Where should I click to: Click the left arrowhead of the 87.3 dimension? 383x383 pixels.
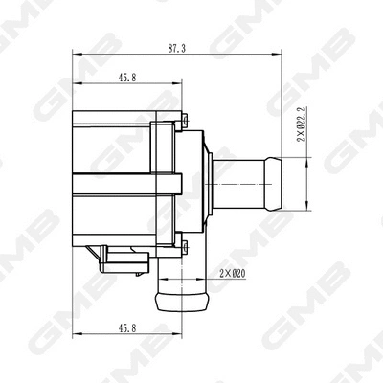point(76,55)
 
